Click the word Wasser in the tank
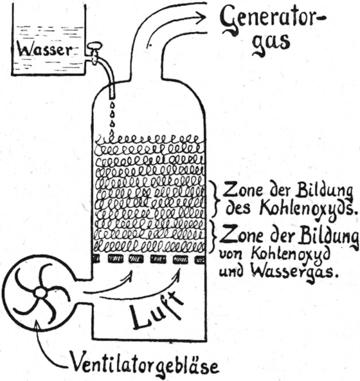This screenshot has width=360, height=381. (x=45, y=50)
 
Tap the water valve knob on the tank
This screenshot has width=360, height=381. (x=94, y=46)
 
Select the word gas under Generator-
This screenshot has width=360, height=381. (x=271, y=44)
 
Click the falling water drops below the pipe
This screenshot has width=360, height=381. (x=113, y=117)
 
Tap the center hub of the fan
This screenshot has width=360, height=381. (x=40, y=293)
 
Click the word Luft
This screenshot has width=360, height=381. (x=156, y=308)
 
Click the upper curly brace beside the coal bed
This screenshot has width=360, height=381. (x=214, y=199)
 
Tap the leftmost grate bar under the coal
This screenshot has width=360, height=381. (x=96, y=259)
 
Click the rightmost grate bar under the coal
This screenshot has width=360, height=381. (x=199, y=260)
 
